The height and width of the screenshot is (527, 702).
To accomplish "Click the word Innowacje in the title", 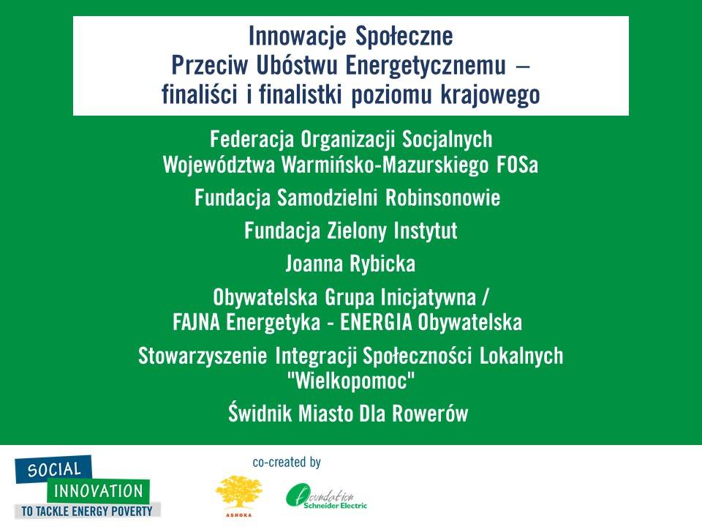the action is pos(298,36).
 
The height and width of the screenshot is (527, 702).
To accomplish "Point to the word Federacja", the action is pos(252,139).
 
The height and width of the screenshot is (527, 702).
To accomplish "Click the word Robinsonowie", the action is pos(443,198).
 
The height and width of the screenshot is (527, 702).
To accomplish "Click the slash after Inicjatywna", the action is pos(486,296).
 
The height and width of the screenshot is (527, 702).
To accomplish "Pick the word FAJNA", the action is pos(197,322).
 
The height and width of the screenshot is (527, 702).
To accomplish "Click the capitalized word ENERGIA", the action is pos(376,322).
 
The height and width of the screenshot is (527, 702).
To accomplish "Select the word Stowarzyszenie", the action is pos(203,356).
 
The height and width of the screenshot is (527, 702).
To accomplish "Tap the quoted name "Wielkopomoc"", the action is pos(350,381).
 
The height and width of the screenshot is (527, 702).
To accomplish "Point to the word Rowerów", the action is pos(430,414).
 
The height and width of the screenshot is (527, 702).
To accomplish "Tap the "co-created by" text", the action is pos(287,463).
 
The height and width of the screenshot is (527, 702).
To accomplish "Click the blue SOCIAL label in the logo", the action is pos(53,469).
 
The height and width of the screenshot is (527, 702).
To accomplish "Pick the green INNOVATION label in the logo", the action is pos(98,490).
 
